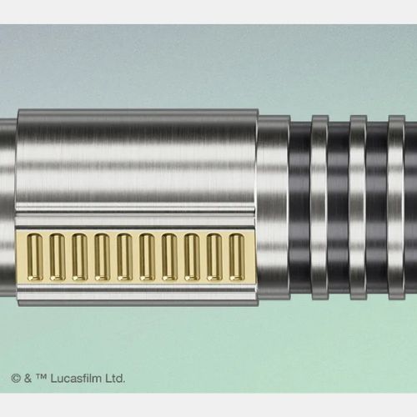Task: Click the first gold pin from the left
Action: tap(35, 257)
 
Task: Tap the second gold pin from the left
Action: tap(58, 257)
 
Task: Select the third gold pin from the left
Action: tap(80, 257)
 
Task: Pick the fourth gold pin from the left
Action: tap(103, 257)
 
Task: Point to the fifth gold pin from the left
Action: tap(125, 257)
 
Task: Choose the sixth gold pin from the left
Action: tap(148, 257)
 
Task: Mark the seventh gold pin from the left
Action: tap(169, 257)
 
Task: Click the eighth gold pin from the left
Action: tap(192, 257)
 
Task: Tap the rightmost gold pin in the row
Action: tap(237, 257)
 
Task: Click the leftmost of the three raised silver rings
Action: tap(320, 207)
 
